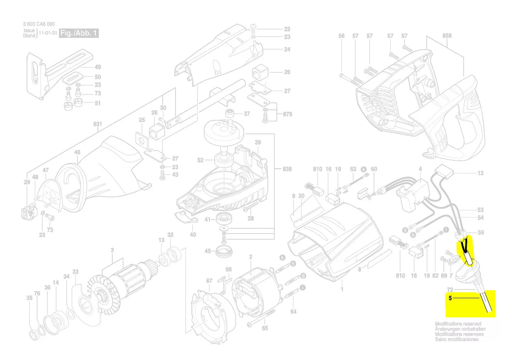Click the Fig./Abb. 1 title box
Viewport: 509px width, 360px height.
79,34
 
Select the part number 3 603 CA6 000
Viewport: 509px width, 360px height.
39,24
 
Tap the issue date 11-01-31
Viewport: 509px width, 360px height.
47,34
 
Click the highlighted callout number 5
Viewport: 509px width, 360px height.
450,299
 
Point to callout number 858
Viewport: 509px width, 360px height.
447,36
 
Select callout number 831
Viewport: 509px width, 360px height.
98,124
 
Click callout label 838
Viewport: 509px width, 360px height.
287,169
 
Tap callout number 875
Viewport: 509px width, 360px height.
287,115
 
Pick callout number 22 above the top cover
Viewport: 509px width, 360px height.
287,29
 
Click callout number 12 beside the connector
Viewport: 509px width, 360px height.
480,173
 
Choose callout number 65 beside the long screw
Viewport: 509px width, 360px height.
265,329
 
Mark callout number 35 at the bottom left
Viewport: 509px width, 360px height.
29,299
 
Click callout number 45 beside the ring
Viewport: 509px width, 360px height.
208,251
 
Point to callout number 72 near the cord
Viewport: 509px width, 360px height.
450,289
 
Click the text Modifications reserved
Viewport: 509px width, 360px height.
458,324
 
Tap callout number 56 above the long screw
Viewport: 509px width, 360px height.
341,36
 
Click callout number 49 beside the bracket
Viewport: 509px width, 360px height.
98,67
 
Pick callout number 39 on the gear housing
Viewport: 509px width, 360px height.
258,143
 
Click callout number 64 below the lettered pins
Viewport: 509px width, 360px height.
293,311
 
